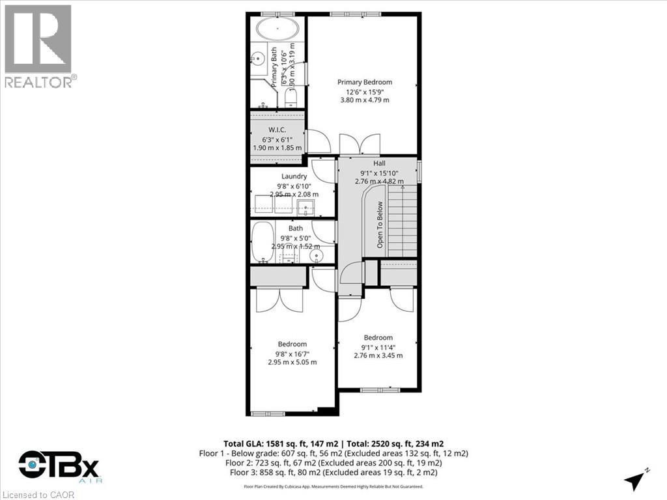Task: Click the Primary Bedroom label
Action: pyautogui.click(x=365, y=82)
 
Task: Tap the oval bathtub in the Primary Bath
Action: pyautogui.click(x=277, y=30)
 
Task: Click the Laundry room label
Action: pyautogui.click(x=294, y=176)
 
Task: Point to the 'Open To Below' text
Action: pyautogui.click(x=380, y=224)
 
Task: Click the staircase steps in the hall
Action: pyautogui.click(x=403, y=221)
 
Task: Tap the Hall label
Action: pyautogui.click(x=380, y=163)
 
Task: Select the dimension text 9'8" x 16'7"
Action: pyautogui.click(x=292, y=354)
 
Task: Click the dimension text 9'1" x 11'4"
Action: pyautogui.click(x=378, y=347)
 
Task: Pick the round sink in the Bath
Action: pyautogui.click(x=317, y=256)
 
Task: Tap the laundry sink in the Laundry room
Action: pyautogui.click(x=306, y=208)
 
